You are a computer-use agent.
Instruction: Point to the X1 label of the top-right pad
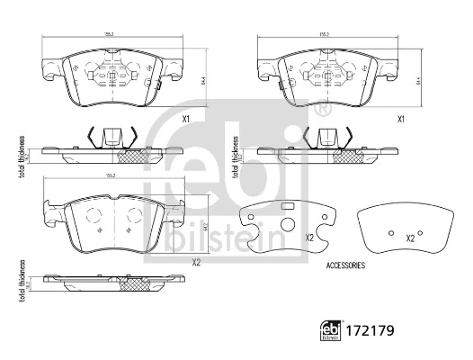coord(401,119)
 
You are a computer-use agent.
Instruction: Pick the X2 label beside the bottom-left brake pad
coord(195,264)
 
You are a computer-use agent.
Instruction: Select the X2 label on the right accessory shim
coord(409,238)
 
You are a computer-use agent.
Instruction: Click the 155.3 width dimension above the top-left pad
coord(112,35)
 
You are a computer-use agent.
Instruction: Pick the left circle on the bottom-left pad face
coord(92,217)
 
